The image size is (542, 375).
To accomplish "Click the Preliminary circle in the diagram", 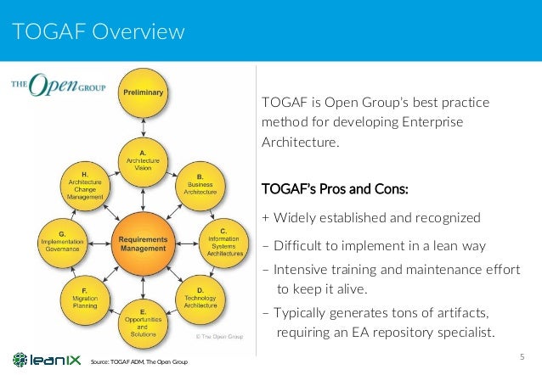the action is coord(144,93).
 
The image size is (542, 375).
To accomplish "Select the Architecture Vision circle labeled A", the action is coord(144,159).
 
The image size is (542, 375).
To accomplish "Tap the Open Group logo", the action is coord(51,85).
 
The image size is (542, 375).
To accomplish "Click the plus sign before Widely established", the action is coord(267,217).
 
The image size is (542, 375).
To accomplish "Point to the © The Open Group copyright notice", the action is coord(219,337).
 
